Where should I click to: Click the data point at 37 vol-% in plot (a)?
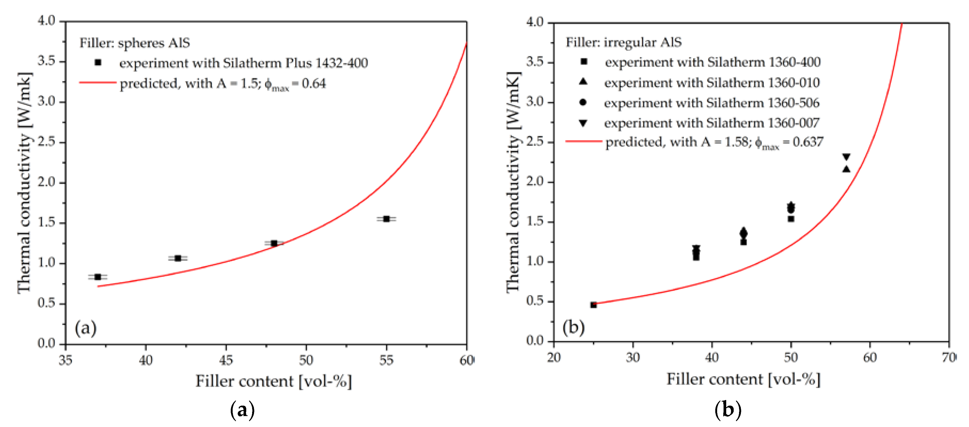click(x=98, y=277)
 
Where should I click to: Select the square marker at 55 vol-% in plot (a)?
click(x=386, y=219)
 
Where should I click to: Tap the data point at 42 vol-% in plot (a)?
click(x=178, y=258)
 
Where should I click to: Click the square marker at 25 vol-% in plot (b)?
click(x=593, y=305)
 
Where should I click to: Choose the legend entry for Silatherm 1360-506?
click(x=711, y=103)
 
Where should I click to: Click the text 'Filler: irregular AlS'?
click(x=624, y=42)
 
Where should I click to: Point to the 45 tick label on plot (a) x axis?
click(x=226, y=360)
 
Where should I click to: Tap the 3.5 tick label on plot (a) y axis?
click(x=46, y=61)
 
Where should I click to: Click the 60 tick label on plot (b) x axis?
click(x=870, y=357)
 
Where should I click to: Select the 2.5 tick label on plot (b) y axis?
click(x=534, y=142)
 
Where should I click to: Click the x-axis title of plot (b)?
click(x=743, y=379)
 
